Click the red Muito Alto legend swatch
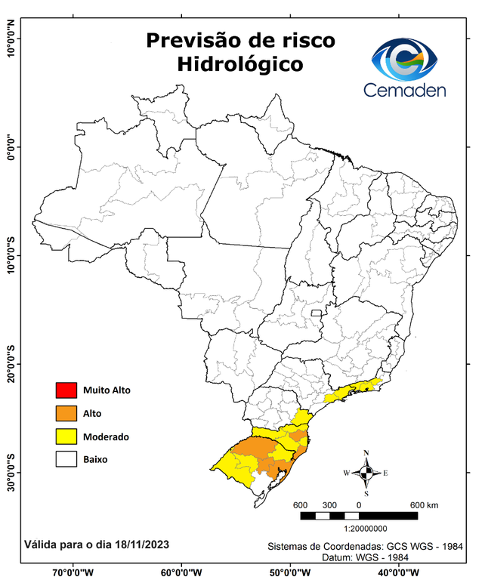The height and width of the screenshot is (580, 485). coord(66,390)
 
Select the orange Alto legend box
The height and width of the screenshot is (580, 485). coord(66,413)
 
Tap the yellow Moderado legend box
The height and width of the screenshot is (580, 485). coord(66,437)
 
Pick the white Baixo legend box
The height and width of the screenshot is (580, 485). coord(66,459)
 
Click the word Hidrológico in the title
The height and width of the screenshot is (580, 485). coord(240,65)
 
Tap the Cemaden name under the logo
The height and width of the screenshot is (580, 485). coord(405,91)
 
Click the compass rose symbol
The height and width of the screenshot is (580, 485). coord(366,473)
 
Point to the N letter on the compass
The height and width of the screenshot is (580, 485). coord(366,453)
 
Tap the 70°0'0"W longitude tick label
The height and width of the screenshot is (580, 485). coord(73,572)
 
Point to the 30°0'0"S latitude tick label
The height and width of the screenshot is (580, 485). coord(11,471)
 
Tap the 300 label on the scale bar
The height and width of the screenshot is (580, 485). coord(329,504)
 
